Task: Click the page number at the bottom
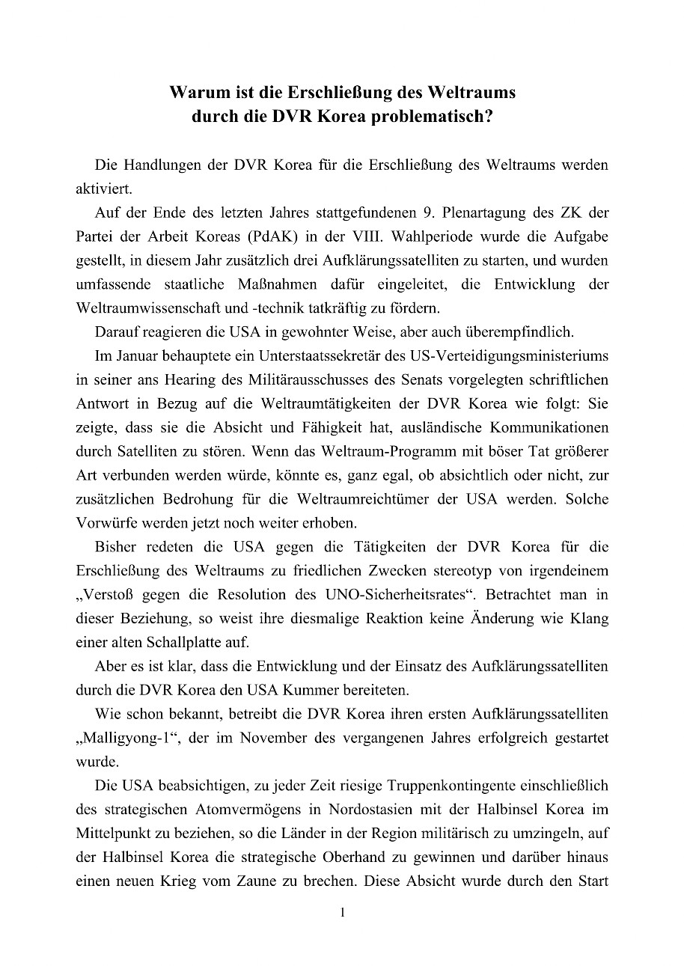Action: pos(342,913)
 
